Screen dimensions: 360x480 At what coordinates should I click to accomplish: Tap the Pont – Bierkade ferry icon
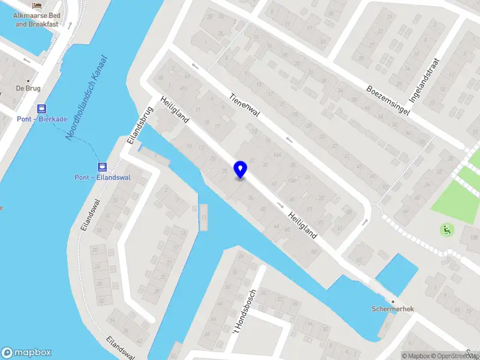[x=41, y=109]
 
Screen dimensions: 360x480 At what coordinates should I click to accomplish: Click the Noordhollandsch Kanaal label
[x=86, y=98]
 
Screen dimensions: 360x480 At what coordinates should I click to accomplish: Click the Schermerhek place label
[x=392, y=310]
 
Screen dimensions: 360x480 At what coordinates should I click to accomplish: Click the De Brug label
[x=28, y=88]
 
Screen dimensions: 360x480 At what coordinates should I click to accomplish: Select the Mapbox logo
[x=26, y=352]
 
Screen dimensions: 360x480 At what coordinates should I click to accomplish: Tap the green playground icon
[x=446, y=229]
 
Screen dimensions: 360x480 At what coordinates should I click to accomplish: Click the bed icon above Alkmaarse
[x=37, y=5]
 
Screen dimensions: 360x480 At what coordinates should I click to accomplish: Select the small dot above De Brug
[x=28, y=80]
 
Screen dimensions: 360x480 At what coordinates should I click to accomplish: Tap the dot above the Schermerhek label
[x=392, y=301]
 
